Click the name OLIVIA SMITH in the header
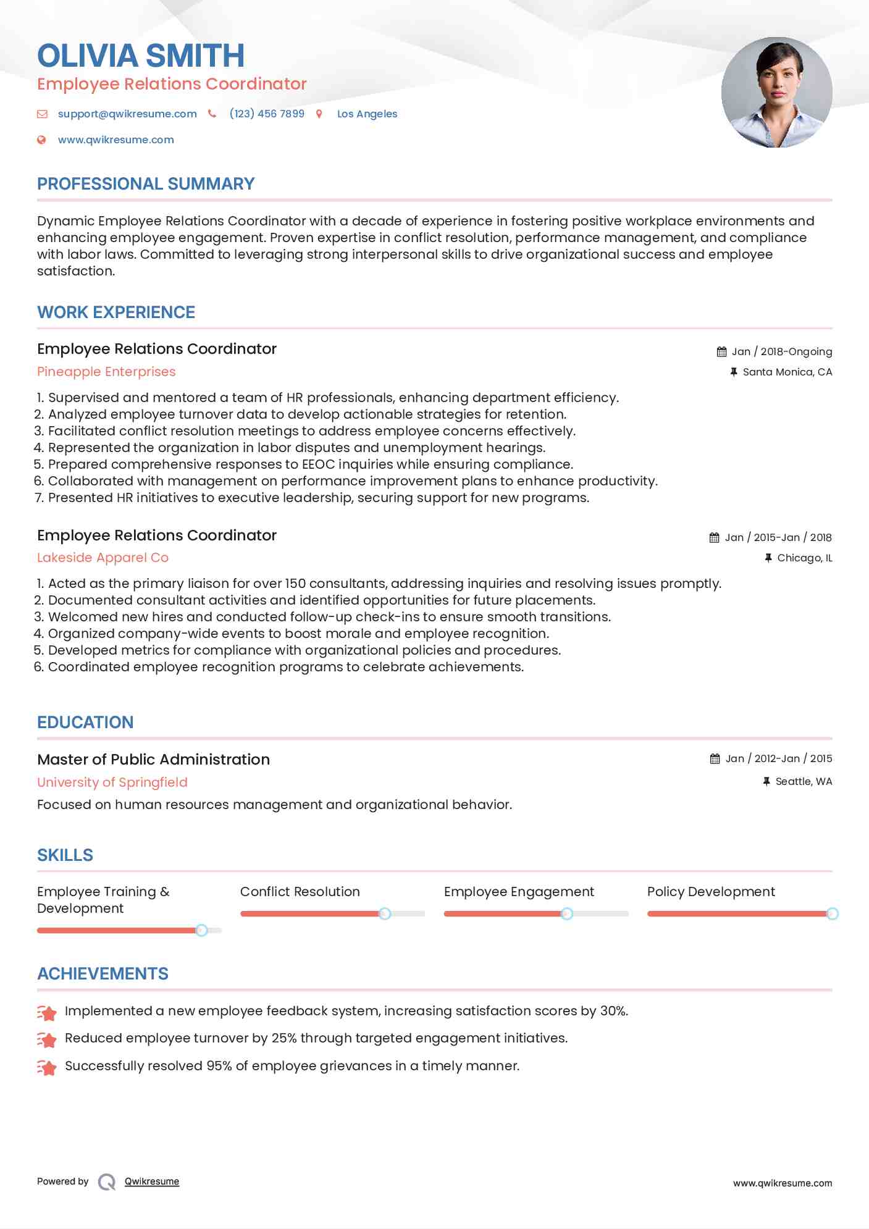pos(141,56)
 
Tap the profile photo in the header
pos(776,93)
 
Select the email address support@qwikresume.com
pos(127,114)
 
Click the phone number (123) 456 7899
pos(267,114)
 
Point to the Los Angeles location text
pos(367,114)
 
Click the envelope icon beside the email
pos(42,114)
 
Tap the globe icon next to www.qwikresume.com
pos(41,140)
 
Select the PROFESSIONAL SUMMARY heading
pos(146,184)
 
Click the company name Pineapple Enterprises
pos(106,372)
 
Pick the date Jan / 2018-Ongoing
pos(781,351)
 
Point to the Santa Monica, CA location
pos(787,372)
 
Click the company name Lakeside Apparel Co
pos(103,558)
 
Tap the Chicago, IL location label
pos(804,558)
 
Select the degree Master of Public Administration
pos(153,760)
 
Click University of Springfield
pos(112,782)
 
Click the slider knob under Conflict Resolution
pos(385,913)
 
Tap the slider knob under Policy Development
pos(832,913)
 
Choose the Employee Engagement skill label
pos(519,892)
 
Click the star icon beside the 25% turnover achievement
pos(47,1039)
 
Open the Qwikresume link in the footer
pos(152,1181)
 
